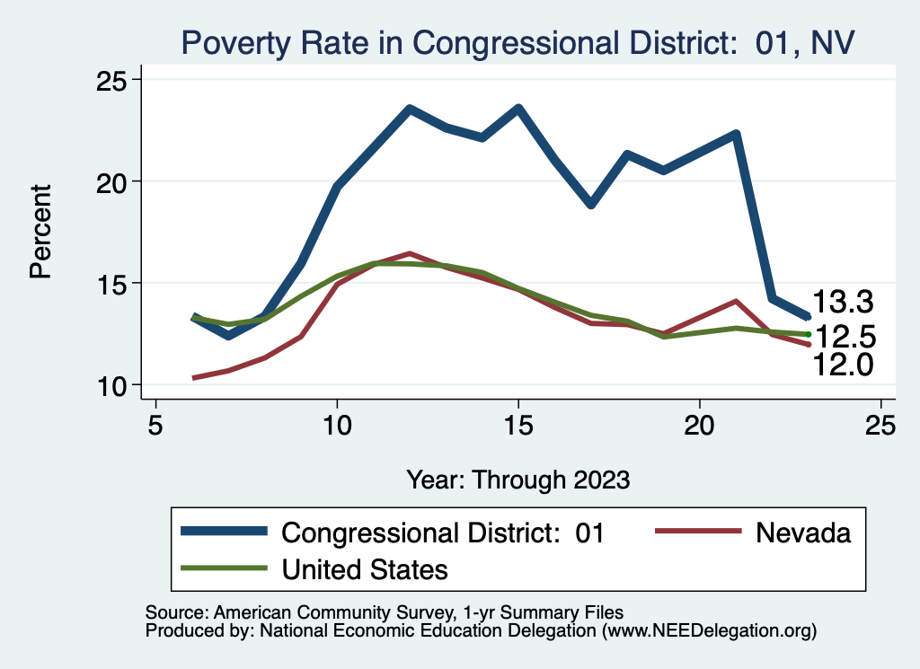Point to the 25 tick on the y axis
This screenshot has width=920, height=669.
113,81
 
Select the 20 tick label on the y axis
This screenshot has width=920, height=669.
113,182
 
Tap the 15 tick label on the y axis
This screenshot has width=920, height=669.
113,284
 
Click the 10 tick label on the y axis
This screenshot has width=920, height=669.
113,385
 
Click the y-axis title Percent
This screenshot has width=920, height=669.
41,232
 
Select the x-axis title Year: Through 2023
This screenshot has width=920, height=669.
517,479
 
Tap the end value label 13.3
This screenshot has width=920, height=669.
843,303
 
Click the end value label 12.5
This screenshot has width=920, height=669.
845,337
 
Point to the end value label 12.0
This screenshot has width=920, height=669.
843,364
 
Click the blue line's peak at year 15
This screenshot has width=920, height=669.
518,109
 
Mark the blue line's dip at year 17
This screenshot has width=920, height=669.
590,204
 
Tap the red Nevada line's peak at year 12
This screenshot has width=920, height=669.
410,254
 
